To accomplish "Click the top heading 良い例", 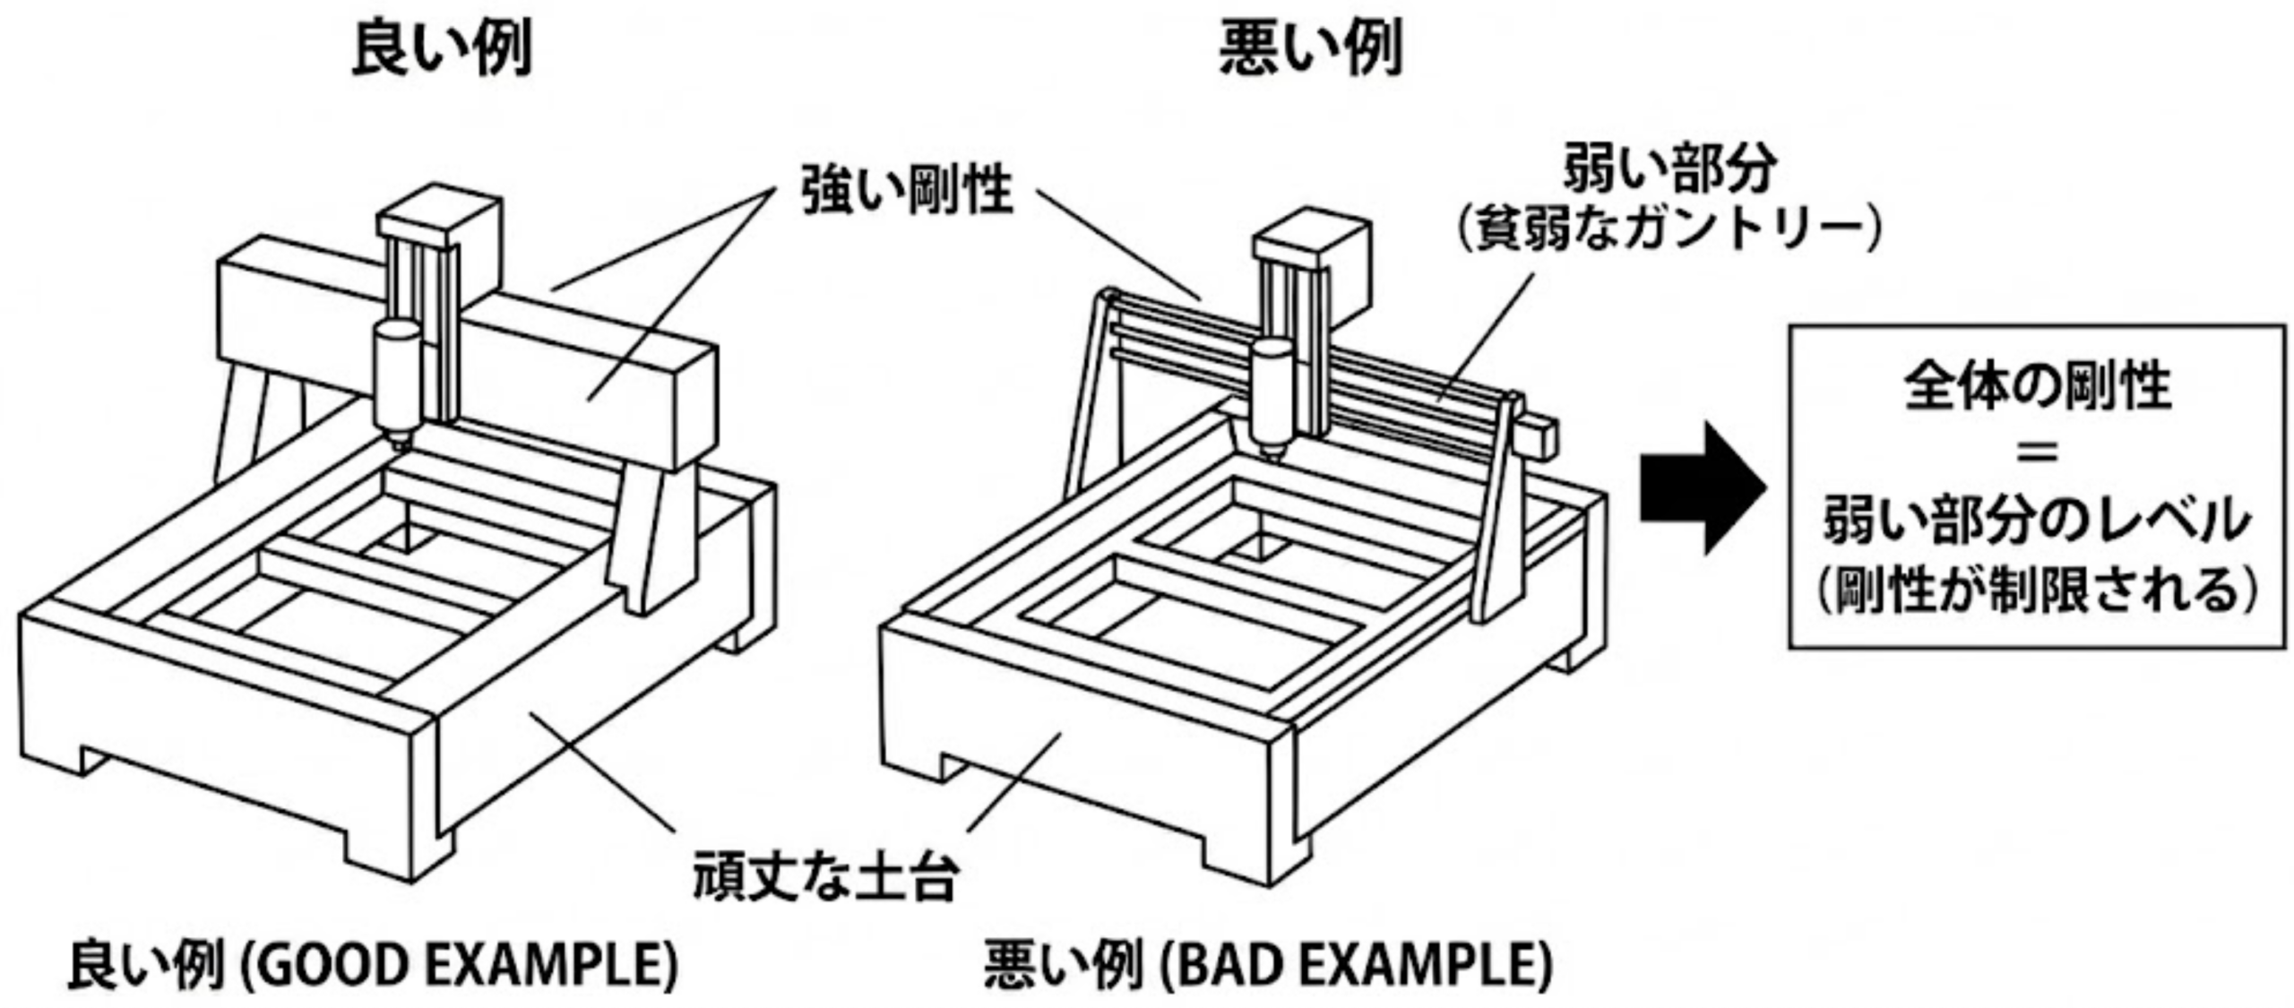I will [x=442, y=48].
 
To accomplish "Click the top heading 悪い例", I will [x=1310, y=48].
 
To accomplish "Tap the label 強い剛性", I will [x=906, y=190].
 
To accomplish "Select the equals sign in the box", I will [x=2037, y=452].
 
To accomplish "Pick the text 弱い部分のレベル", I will [x=2037, y=521].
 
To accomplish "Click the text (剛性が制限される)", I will [x=2037, y=591].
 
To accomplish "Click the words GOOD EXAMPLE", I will [x=460, y=965].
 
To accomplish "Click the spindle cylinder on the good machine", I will [x=397, y=376].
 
